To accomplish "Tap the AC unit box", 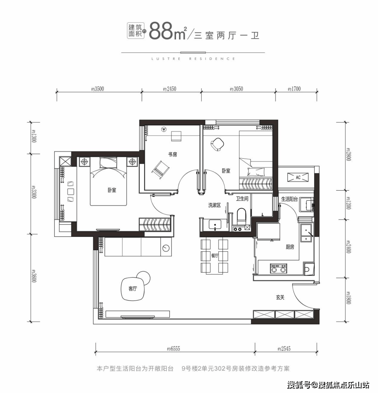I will pos(298,177).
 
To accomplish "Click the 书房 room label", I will pos(173,154).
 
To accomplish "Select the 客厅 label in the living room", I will pos(133,289).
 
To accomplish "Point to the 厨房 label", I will pos(290,247).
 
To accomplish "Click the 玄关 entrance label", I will pos(280,297).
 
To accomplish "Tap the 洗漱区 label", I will pos(214,205).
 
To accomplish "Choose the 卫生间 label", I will pos(242,199).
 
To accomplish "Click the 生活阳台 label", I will pos(289,199).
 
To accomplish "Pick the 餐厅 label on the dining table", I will pos(214,256).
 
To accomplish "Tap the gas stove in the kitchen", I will pos(278,269).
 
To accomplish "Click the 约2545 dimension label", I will pos(284,349).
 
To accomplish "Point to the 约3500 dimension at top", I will pos(98,89).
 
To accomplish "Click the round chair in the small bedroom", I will pos(218,144).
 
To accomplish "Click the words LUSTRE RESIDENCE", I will pos(193,59).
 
